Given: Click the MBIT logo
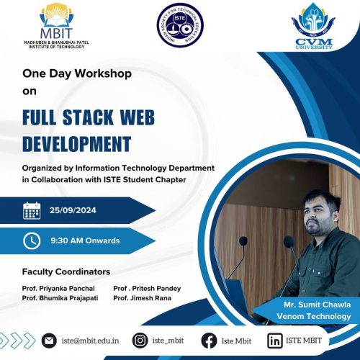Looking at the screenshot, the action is click(56, 26).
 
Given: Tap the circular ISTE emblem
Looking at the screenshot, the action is click(180, 25).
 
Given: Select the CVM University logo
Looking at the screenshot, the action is click(314, 26).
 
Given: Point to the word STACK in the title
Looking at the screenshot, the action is click(88, 117).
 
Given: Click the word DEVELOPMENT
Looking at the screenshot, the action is click(77, 144).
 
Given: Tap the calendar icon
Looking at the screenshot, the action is click(32, 210).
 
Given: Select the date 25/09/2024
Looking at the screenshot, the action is click(73, 210).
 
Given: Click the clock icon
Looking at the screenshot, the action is click(32, 240).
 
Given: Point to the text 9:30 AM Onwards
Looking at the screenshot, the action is click(85, 240).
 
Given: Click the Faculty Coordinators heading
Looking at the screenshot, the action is click(66, 271).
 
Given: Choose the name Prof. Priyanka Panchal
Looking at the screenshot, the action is click(58, 288).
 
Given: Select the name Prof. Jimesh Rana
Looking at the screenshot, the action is click(142, 298).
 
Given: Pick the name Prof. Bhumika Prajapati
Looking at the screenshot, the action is click(60, 298).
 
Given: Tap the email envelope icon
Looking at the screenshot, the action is click(49, 341).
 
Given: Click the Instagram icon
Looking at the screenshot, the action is click(140, 341).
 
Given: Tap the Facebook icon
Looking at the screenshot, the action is click(209, 341).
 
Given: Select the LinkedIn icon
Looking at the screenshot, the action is click(275, 341).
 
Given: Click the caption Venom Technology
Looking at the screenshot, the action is click(314, 316).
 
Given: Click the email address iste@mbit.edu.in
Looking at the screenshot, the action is click(90, 341).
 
